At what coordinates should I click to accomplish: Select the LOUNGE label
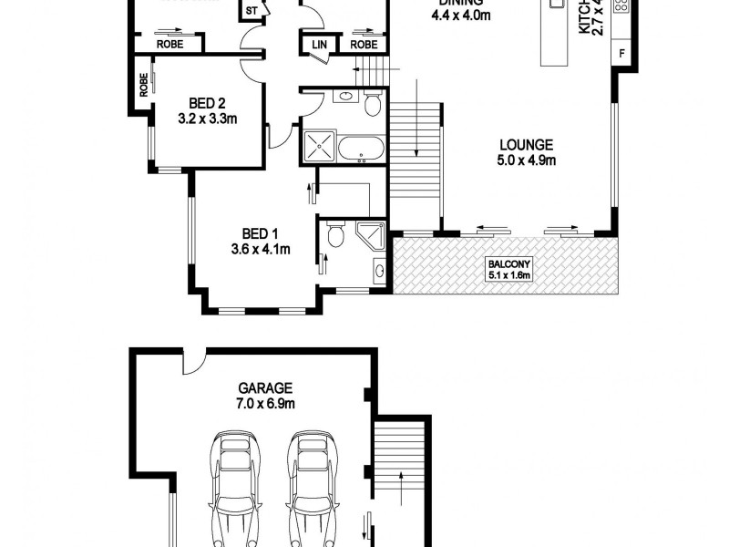tap(526, 144)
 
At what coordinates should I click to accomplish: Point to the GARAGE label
tap(250, 387)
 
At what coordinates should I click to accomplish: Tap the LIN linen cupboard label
tap(320, 44)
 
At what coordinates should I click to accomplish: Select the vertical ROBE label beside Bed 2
tap(144, 85)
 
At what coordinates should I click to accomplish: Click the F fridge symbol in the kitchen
tap(622, 53)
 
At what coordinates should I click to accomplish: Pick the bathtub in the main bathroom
tap(362, 148)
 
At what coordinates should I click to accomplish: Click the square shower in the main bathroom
tap(319, 146)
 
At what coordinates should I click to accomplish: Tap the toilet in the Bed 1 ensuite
tap(335, 235)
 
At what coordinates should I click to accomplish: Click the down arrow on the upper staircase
tap(416, 119)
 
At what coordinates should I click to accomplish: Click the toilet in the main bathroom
tap(372, 105)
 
